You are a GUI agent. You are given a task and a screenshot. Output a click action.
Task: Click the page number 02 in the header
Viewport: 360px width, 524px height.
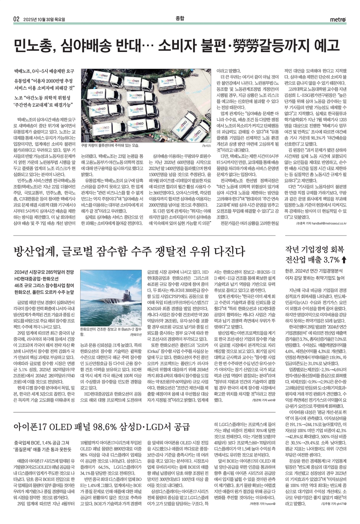coord(16,19)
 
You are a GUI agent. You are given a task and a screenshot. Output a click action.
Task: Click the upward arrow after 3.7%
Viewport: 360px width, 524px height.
coord(344,260)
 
